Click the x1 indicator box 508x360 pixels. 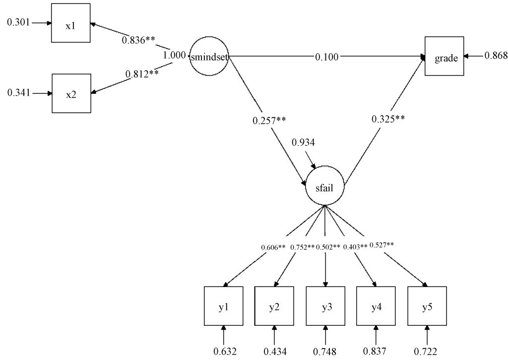71,24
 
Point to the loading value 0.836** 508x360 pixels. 140,40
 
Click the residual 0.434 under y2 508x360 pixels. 274,352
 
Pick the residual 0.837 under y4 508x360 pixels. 377,352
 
